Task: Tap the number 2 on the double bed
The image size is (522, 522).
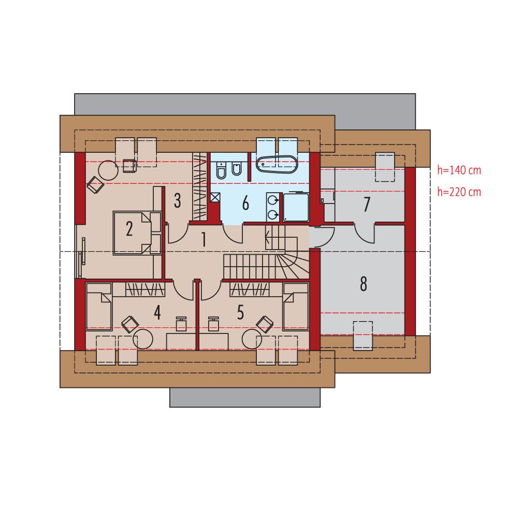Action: coord(129,228)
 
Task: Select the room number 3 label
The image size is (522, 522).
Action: coord(177,200)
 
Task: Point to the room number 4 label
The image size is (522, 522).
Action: coord(157,312)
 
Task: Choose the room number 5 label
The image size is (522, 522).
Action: coord(240,312)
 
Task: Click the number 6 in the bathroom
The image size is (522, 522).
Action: coord(245,203)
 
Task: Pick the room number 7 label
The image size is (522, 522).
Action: coord(367,205)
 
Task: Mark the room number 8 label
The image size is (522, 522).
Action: coord(363,283)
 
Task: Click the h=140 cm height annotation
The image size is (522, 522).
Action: coord(459,170)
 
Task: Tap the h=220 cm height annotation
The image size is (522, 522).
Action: coord(459,192)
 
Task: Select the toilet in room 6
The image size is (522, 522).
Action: coord(221,171)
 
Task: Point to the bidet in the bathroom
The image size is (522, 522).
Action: coord(237,169)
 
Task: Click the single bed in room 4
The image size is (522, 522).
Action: coord(99,306)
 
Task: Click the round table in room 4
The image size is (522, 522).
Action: coord(143,339)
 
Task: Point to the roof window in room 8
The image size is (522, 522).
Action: coord(363,335)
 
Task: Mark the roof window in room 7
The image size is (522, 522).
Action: coord(384,167)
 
